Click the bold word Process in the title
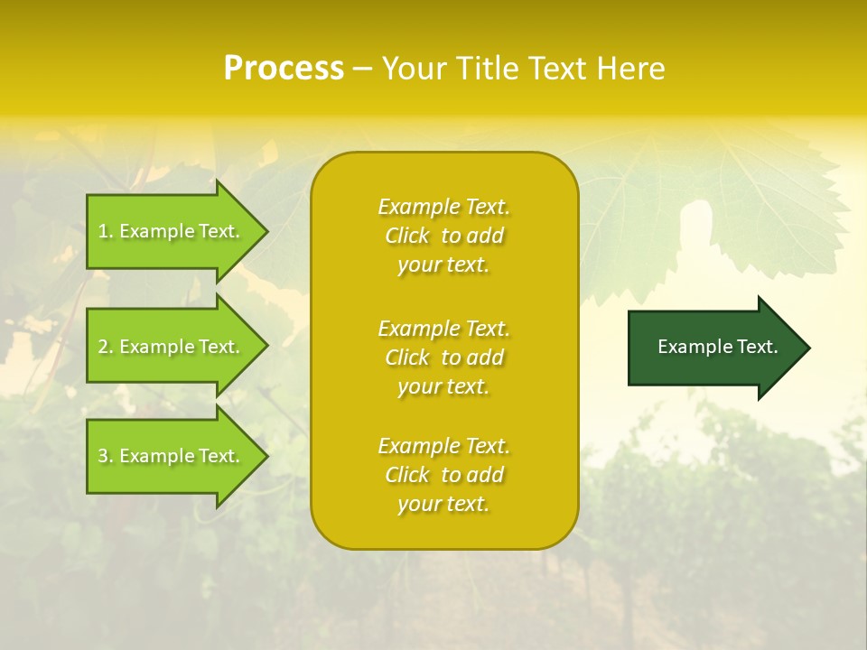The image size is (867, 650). coord(284,69)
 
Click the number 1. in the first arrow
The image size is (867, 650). coord(106,231)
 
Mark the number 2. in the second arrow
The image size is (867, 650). coord(106,347)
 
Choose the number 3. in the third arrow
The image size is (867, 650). coord(106,456)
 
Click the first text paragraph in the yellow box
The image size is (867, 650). coord(443,236)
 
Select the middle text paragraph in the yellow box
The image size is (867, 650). coord(443,357)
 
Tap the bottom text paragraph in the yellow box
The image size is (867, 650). coord(443,475)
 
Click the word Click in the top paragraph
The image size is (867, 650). coord(407,236)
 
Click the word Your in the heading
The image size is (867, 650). coord(416,69)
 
